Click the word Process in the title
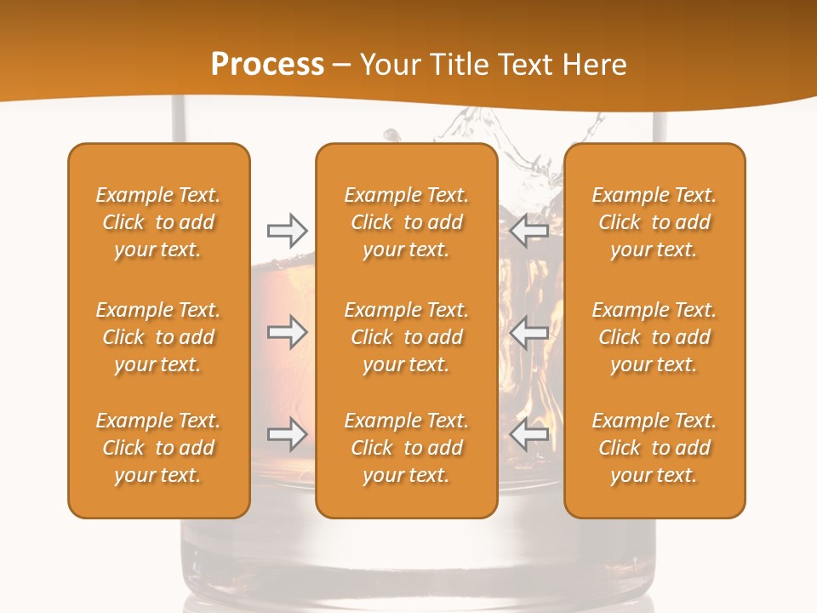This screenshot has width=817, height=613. click(267, 65)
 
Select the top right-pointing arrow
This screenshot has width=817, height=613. click(287, 231)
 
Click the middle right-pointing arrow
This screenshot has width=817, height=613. click(287, 332)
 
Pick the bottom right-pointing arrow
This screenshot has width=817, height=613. click(287, 434)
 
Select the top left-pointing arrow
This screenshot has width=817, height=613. click(529, 231)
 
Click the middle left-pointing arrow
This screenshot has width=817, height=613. click(529, 332)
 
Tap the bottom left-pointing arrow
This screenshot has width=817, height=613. click(529, 434)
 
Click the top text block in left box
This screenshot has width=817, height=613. click(158, 222)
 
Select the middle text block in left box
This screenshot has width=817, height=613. click(158, 337)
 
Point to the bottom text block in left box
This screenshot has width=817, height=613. click(158, 448)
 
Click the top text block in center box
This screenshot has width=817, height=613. click(406, 222)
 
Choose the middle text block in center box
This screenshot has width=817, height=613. click(406, 337)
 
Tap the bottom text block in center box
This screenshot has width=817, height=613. click(406, 448)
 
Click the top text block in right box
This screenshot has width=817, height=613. click(654, 222)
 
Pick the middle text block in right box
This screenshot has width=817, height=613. click(654, 337)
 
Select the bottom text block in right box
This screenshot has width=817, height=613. click(654, 448)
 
